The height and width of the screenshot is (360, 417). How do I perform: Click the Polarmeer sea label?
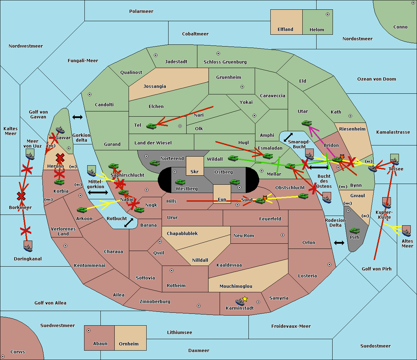[x=141, y=11]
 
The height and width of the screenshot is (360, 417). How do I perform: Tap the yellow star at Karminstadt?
[x=245, y=299]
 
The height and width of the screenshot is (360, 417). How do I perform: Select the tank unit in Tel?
[x=152, y=126]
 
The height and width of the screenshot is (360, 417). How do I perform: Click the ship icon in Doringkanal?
[x=28, y=246]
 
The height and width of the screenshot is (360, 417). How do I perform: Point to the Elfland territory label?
[x=285, y=30]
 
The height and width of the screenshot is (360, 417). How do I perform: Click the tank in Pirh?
[x=354, y=231]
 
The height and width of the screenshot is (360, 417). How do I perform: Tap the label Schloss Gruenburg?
[x=225, y=62]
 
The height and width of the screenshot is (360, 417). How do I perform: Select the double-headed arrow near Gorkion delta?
[x=77, y=117]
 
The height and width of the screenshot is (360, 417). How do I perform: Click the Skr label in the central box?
[x=195, y=171]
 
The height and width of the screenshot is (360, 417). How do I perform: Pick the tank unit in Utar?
[x=306, y=123]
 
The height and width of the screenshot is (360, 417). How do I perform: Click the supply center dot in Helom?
[x=327, y=14]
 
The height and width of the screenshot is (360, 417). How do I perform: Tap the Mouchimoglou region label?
[x=236, y=286]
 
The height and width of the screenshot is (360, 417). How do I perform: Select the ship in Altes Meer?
[x=406, y=231]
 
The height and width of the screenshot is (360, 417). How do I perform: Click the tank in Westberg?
[x=180, y=182]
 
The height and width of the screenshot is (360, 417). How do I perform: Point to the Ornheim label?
[x=129, y=344]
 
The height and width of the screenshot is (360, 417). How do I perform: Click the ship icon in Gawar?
[x=60, y=131]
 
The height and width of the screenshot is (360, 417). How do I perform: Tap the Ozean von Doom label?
[x=377, y=79]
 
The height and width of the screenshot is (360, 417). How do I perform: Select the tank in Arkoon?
[x=82, y=210]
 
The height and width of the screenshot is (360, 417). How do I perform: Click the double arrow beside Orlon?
[x=339, y=243]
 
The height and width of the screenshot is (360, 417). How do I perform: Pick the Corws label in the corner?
[x=18, y=352]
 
